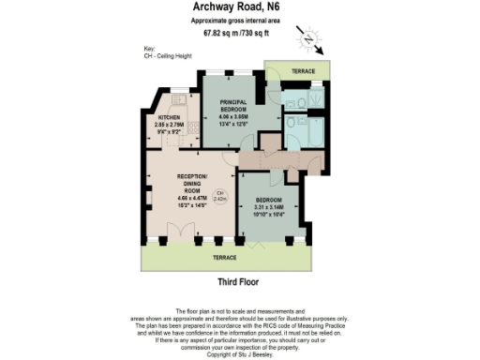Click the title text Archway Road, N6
coord(240,7)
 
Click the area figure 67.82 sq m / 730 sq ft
coord(240,34)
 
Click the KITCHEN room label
coord(170,117)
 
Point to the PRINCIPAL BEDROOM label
coord(225,105)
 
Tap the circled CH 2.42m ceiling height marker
coord(218,198)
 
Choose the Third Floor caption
coord(238,281)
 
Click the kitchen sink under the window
coord(173,97)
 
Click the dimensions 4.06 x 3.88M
coord(225,116)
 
